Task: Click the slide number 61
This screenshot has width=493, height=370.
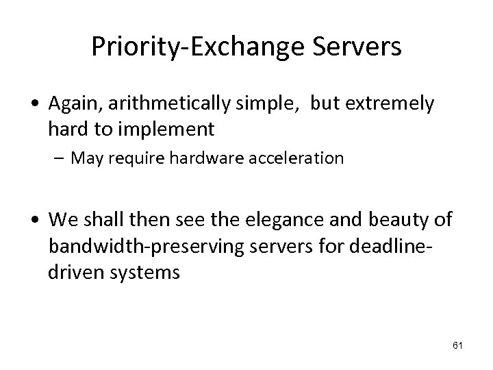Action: tap(457, 345)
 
